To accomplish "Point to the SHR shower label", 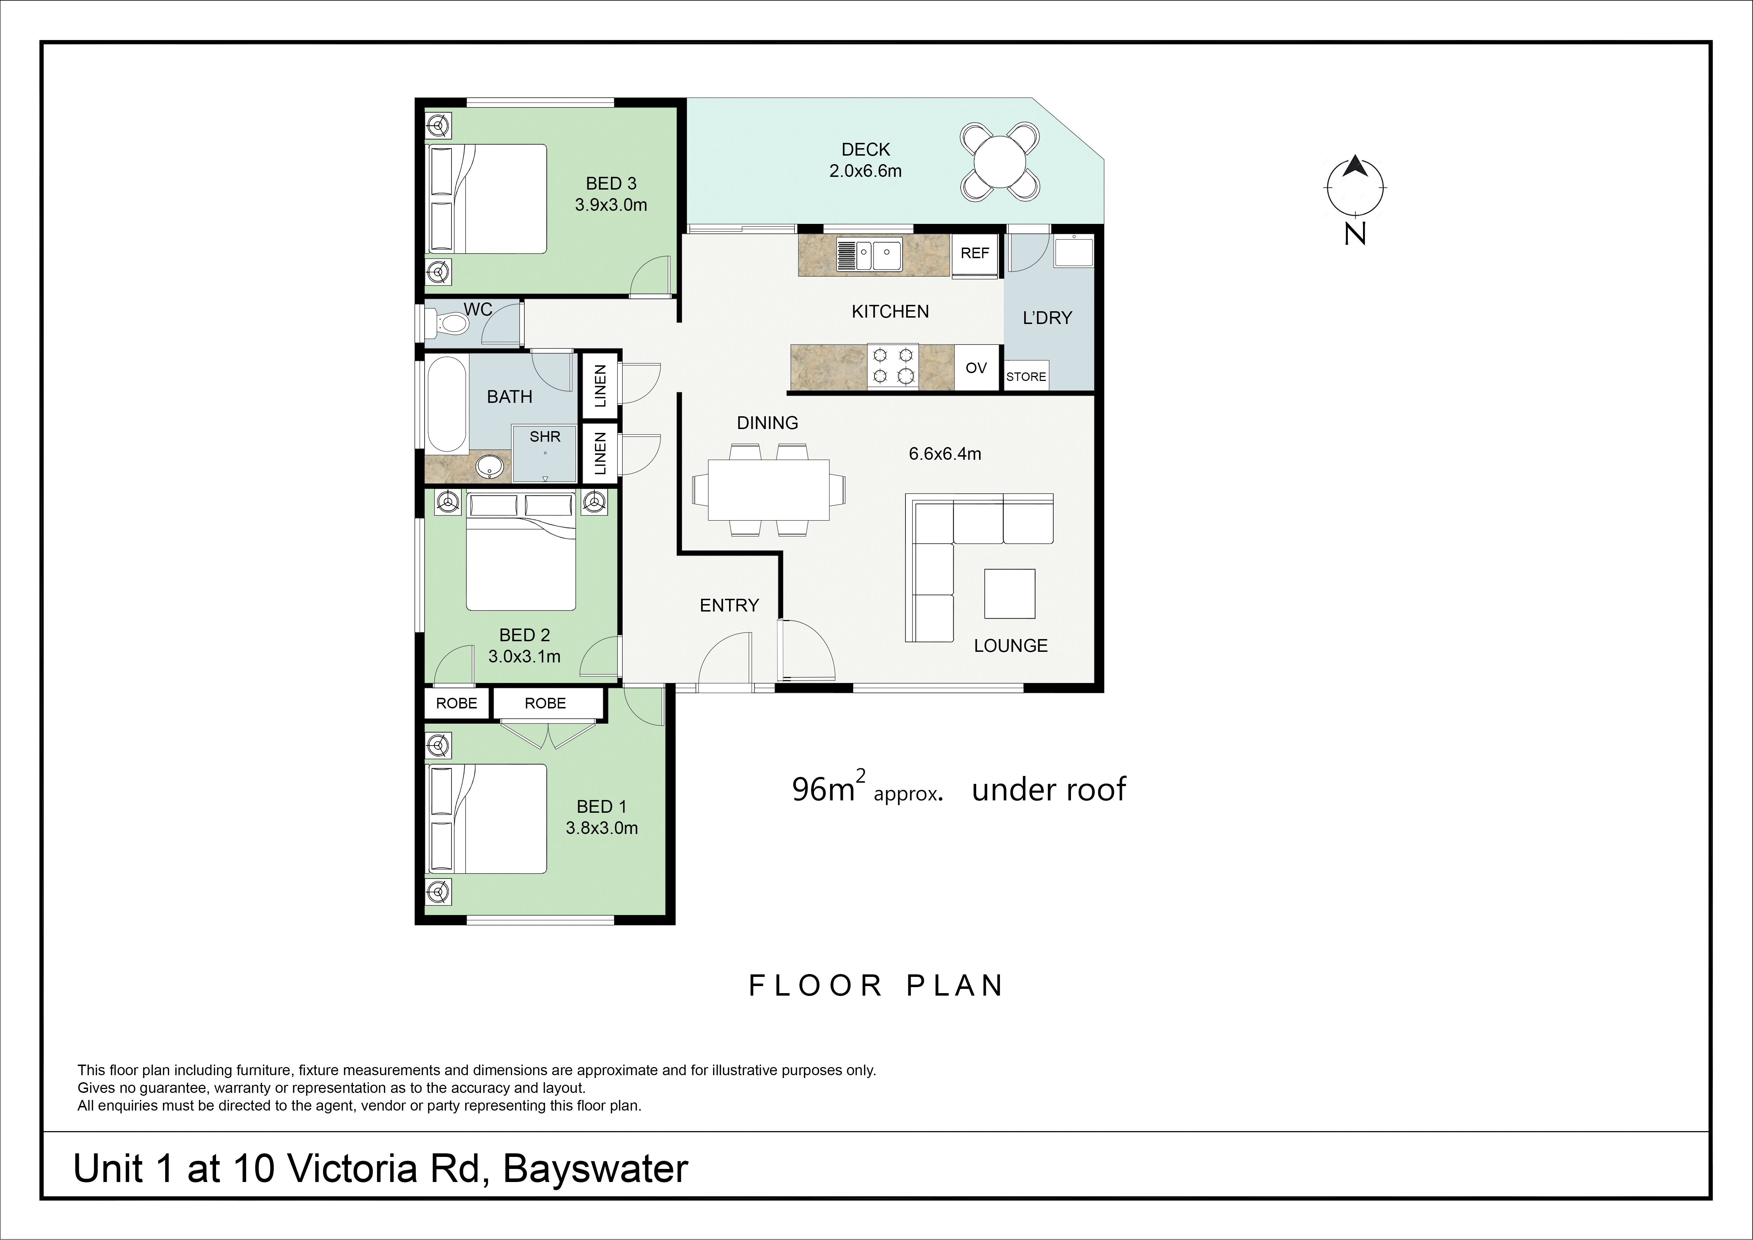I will [545, 437].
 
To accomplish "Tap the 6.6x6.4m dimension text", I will [944, 453].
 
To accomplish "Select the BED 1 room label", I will [602, 806].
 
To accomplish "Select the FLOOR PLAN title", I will [876, 986].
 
